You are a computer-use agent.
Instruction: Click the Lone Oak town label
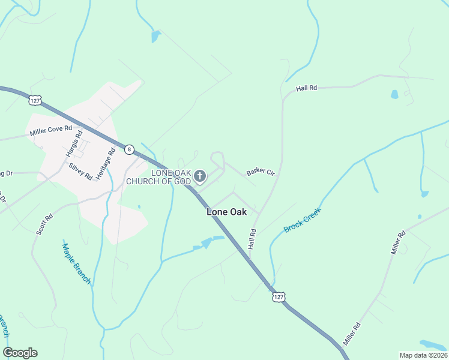[226, 212]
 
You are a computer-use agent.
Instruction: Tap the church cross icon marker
[200, 176]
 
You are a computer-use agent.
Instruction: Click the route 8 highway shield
[129, 149]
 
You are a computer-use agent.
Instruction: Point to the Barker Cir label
[261, 173]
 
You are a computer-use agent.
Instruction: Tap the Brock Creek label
[303, 220]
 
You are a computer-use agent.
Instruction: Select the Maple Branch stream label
[76, 263]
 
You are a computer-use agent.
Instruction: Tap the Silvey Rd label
[80, 172]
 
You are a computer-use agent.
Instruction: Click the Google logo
[20, 353]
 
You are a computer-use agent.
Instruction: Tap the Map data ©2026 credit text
[423, 355]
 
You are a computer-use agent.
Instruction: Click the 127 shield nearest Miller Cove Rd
[35, 100]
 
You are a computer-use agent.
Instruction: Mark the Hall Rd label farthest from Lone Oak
[306, 88]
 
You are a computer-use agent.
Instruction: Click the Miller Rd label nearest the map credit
[352, 334]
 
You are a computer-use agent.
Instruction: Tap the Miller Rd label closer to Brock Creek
[399, 242]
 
